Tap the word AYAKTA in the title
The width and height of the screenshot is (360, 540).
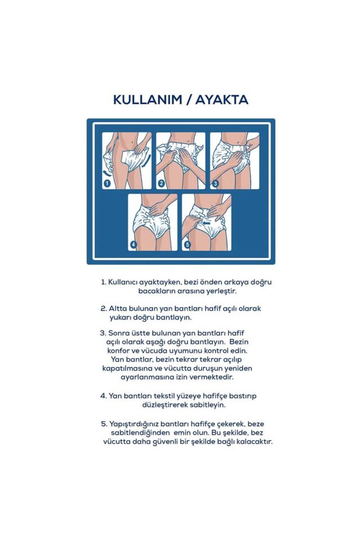point(220,100)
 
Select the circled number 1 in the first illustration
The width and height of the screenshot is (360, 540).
point(107,183)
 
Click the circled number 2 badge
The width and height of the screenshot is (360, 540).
point(161,183)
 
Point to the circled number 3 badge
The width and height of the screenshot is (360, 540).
point(215,183)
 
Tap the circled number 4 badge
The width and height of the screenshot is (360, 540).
point(134,245)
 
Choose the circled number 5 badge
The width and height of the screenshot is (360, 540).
point(188,245)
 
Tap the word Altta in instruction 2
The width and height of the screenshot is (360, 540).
point(118,308)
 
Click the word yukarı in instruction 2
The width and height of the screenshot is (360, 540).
point(115,317)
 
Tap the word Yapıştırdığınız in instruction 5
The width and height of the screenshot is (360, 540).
point(136,423)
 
